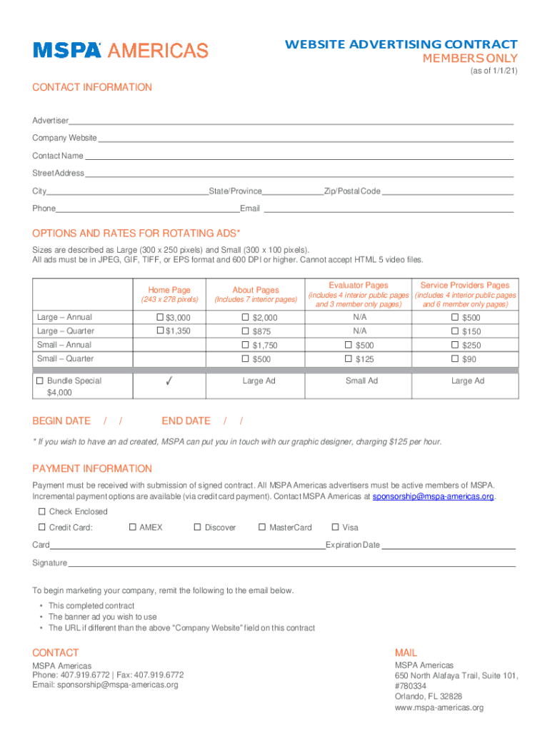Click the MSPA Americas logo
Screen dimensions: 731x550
[120, 50]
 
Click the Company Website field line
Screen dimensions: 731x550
[305, 138]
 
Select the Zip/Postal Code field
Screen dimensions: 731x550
[447, 191]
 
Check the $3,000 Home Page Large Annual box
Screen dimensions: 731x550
[160, 317]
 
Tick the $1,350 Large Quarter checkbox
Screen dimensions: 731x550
[160, 331]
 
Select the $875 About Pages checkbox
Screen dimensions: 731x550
[245, 331]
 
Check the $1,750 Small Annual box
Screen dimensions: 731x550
[245, 346]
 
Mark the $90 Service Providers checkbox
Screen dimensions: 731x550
[455, 359]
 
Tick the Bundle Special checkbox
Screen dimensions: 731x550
[40, 380]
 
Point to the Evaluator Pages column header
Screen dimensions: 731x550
[359, 285]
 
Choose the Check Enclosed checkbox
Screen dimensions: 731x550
[41, 511]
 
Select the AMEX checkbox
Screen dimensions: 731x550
[132, 528]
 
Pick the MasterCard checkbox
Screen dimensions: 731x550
[262, 528]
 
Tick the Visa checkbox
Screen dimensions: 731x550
[335, 528]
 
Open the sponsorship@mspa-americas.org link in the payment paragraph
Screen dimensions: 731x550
[433, 496]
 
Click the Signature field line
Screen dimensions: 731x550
[291, 563]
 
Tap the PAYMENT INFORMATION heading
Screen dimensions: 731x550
[92, 468]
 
